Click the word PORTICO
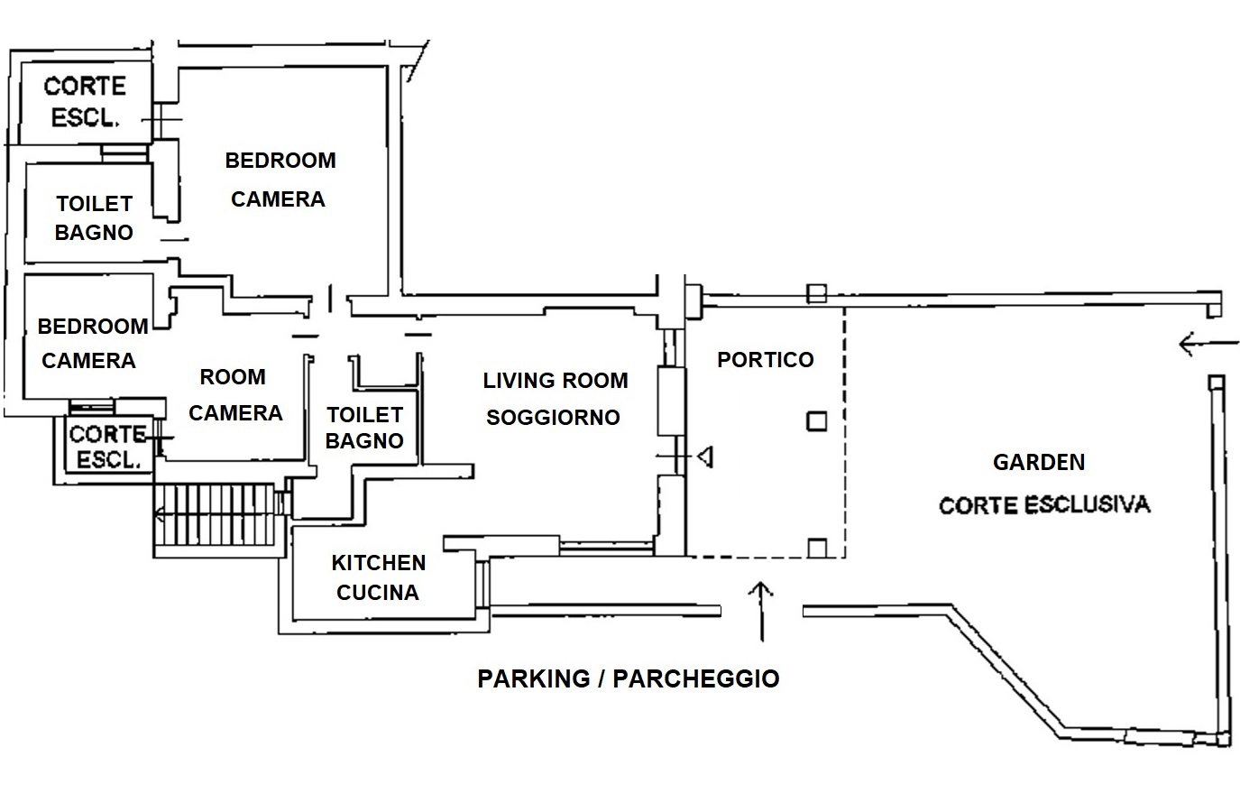765,360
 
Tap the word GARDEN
1038,463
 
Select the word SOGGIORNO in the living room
552,418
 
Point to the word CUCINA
378,593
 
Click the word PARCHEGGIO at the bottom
695,678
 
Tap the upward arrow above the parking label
762,609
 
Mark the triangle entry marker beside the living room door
705,457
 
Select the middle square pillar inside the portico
816,421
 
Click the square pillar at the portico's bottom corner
817,547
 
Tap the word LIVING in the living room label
519,381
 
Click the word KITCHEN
378,563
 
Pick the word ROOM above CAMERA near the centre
232,377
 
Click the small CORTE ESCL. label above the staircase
107,447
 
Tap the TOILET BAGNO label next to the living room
364,428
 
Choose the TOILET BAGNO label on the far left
94,217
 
